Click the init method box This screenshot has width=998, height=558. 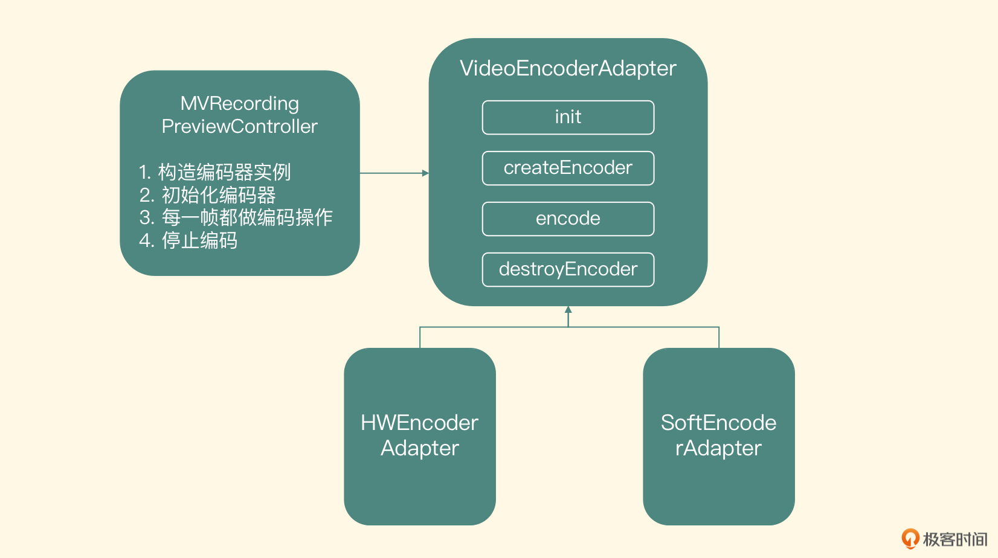(x=568, y=117)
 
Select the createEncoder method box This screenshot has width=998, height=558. (x=568, y=168)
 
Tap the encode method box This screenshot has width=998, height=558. (x=568, y=219)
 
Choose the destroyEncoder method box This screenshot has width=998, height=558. (x=568, y=269)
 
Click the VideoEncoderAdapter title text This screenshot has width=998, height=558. (x=568, y=68)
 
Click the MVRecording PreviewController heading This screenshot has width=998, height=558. (x=240, y=115)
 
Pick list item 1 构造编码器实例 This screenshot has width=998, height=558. (x=215, y=172)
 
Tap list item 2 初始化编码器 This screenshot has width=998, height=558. (x=208, y=195)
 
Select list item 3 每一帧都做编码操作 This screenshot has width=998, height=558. (x=236, y=217)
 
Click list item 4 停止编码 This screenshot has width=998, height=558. (x=188, y=240)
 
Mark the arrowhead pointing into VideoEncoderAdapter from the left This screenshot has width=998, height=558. (x=425, y=173)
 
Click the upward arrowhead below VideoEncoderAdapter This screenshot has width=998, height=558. (x=568, y=310)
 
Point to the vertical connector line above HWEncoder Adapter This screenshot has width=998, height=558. (x=420, y=338)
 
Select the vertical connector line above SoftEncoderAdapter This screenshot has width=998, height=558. (x=719, y=338)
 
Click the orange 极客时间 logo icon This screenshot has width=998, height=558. (x=910, y=538)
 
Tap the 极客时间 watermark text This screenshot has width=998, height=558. (x=955, y=539)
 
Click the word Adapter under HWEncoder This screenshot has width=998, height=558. (x=420, y=448)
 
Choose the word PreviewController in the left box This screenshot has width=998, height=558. (x=240, y=126)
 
